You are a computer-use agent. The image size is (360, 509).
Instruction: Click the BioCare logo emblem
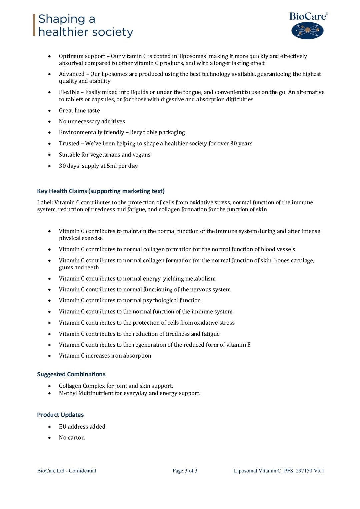pos(307,31)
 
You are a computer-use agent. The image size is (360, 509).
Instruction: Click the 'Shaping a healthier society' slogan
pos(85,25)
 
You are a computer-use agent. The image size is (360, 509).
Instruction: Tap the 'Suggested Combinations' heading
pos(71,374)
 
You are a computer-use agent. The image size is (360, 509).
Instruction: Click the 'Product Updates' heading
pos(60,414)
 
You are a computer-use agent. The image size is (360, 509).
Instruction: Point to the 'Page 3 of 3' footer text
pos(185,471)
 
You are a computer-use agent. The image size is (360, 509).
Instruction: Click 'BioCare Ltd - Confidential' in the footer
pos(66,471)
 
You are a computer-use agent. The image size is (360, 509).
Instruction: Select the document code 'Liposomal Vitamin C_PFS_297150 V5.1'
pos(279,471)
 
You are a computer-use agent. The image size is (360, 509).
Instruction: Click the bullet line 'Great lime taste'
pos(79,110)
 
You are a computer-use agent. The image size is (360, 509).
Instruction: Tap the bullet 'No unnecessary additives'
pos(92,121)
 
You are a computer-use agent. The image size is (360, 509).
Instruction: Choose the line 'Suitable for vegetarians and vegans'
pos(104,154)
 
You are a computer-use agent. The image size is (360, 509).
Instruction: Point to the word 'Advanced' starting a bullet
pos(72,74)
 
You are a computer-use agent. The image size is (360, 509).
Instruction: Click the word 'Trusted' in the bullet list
pos(69,143)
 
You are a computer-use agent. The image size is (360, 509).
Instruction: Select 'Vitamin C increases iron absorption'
pos(105,356)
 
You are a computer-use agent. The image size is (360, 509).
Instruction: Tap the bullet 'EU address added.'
pos(83,426)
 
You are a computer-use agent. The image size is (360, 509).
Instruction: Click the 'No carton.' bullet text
pos(72,437)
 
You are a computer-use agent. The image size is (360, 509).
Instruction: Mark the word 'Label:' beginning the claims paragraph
pos(45,202)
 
